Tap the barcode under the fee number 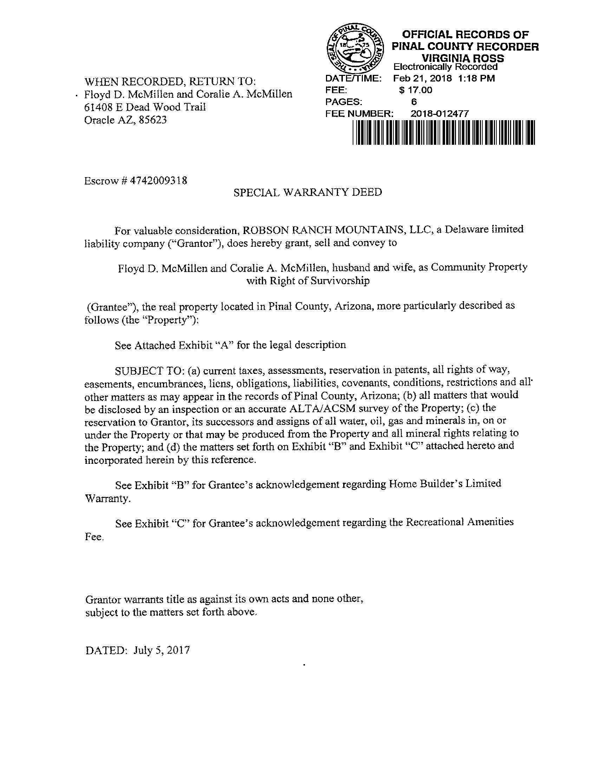tap(443, 132)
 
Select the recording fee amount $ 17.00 tap(416, 90)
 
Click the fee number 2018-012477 tap(439, 113)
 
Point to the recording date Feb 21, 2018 tap(422, 78)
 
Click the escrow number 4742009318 tap(159, 181)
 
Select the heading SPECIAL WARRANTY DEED tap(308, 192)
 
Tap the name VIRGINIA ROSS tap(463, 58)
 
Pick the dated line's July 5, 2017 tap(162, 649)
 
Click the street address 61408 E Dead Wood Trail tap(145, 107)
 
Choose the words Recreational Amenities tap(459, 522)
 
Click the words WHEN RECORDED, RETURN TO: tap(170, 82)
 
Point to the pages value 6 tap(414, 102)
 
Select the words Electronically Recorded tap(445, 67)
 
